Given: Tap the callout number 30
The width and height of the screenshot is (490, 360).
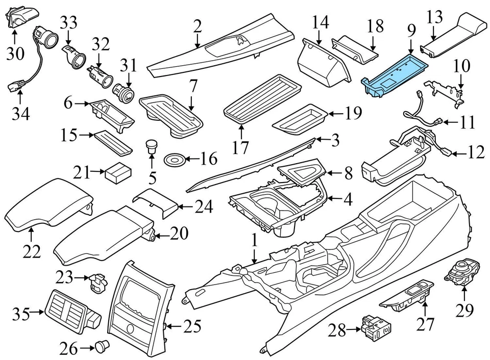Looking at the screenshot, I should (15, 53).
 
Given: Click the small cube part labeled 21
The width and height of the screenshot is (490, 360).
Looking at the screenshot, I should (117, 173).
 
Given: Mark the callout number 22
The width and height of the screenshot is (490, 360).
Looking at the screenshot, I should (31, 251).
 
